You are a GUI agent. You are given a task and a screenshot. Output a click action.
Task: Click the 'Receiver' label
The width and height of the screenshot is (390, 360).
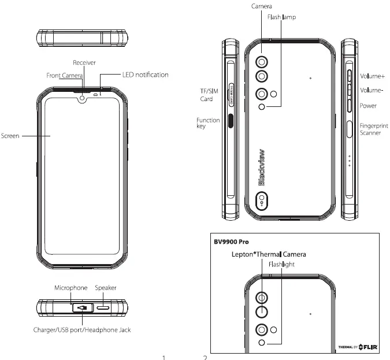(x=84, y=62)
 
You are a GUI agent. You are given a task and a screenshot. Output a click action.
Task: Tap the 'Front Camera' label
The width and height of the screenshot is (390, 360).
(x=65, y=75)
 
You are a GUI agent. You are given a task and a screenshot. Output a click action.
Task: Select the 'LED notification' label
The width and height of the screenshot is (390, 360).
(x=145, y=75)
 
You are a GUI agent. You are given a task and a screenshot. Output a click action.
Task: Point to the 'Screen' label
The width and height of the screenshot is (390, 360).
(x=10, y=136)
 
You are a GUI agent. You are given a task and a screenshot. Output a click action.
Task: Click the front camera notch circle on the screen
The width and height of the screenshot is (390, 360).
(x=83, y=98)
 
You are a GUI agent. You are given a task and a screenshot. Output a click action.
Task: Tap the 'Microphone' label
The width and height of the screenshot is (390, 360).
(x=70, y=287)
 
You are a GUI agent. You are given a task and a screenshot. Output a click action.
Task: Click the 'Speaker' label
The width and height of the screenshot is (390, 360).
(x=106, y=287)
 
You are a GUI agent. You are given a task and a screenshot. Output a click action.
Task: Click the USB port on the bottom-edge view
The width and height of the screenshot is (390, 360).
(x=82, y=308)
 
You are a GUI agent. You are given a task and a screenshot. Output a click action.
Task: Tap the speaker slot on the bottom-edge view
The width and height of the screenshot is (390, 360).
(x=105, y=308)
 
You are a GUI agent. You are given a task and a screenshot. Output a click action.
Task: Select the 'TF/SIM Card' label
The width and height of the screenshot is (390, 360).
(x=203, y=95)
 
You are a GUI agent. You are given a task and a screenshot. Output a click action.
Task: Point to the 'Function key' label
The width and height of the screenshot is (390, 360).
(x=207, y=123)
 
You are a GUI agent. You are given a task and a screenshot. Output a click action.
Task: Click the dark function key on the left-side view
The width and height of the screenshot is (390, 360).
(x=232, y=120)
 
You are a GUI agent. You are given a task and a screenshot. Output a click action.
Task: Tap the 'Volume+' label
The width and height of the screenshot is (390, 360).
(x=373, y=76)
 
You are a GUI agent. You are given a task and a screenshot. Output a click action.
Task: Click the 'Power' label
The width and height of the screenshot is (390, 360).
(x=368, y=106)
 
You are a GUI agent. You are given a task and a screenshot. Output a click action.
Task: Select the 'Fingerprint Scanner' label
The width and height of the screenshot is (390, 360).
(x=373, y=129)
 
